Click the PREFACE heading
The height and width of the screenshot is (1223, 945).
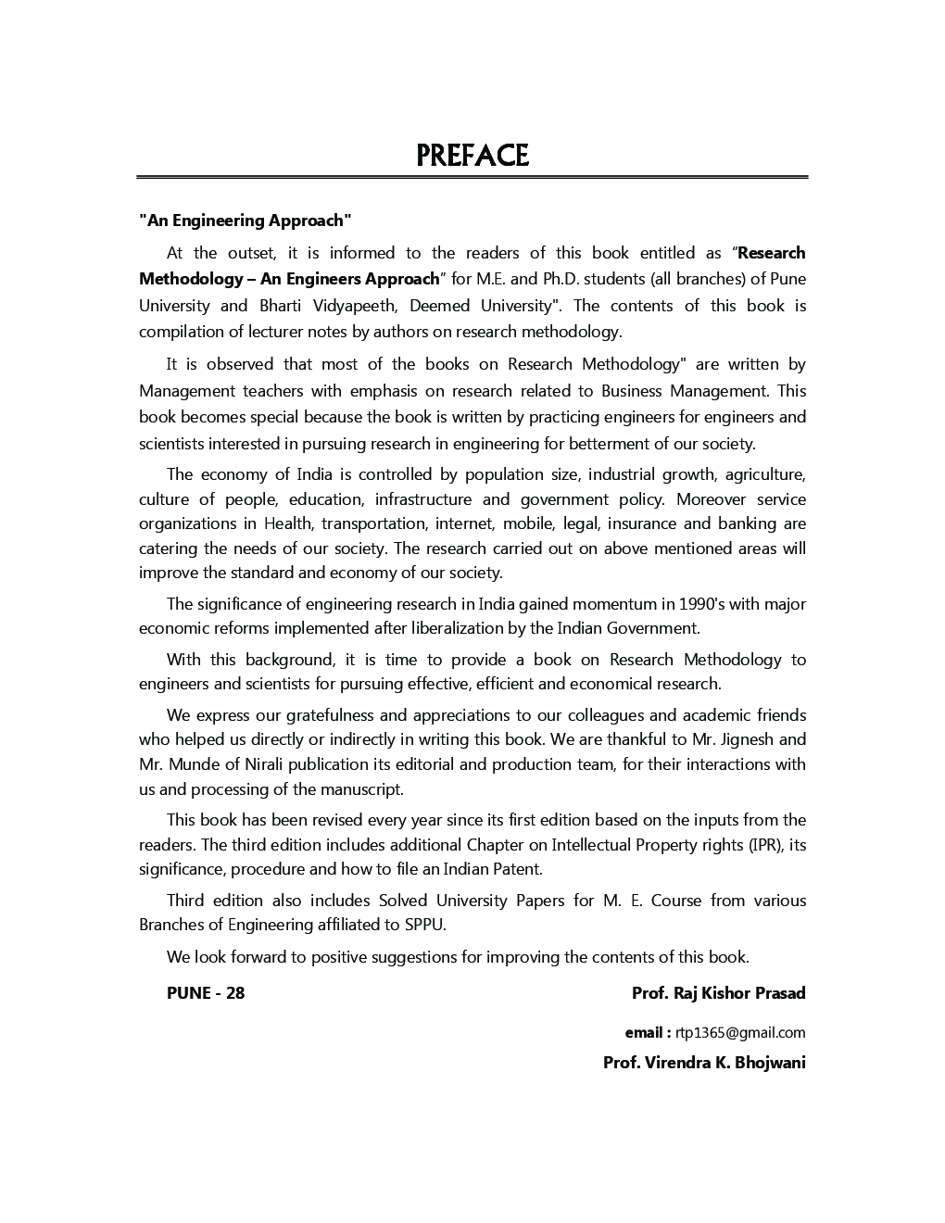point(472,155)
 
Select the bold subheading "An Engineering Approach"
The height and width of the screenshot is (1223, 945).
point(246,221)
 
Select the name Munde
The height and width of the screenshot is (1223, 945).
point(194,764)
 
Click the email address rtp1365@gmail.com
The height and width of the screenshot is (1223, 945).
point(740,1032)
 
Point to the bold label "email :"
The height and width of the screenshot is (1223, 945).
point(648,1032)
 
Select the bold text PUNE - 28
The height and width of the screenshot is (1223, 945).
point(206,993)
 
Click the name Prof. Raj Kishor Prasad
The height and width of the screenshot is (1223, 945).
point(718,993)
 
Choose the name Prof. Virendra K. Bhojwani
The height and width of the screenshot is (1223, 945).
point(704,1063)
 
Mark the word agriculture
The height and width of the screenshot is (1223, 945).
point(764,474)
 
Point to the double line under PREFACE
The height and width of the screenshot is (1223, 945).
point(472,177)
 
